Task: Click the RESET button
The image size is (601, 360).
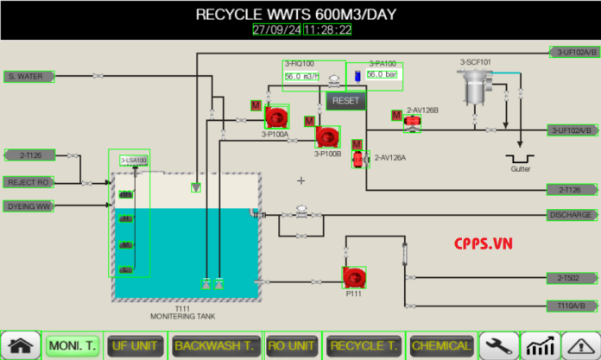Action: (345, 100)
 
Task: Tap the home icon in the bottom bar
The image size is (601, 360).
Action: (21, 345)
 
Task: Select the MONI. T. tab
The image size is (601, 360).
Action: (72, 345)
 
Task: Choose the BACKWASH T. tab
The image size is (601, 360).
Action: (213, 345)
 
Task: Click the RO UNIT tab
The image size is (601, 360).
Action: (290, 345)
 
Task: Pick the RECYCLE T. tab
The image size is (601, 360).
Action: (362, 345)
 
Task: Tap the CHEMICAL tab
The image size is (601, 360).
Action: (441, 345)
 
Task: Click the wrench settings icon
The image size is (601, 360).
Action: (500, 345)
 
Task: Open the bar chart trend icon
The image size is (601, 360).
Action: (541, 345)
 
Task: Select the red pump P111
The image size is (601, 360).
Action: (353, 277)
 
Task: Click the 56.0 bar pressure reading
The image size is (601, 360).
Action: (384, 75)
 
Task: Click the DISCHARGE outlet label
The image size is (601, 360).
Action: (573, 215)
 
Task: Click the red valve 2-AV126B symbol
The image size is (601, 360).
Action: (414, 123)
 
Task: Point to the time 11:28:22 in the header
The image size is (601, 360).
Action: (327, 29)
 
